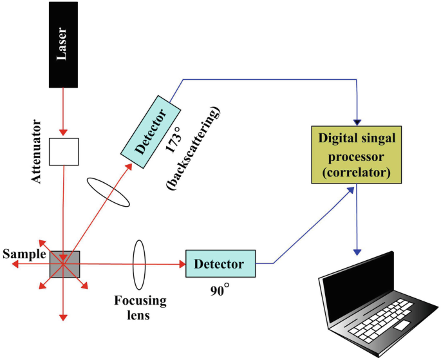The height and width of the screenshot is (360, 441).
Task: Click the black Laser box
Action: tap(62, 46)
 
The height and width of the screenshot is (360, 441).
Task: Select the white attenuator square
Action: tap(64, 151)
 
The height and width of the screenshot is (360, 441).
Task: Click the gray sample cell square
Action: tap(63, 263)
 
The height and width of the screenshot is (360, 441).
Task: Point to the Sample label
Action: tap(23, 254)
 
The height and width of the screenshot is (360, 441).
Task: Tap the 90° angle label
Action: tap(220, 290)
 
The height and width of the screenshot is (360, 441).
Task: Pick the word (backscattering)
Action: tap(195, 149)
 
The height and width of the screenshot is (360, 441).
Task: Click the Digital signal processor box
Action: tap(356, 153)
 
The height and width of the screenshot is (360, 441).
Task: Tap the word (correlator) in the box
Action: tap(356, 173)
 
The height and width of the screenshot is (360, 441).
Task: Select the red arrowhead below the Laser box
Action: tap(63, 133)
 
